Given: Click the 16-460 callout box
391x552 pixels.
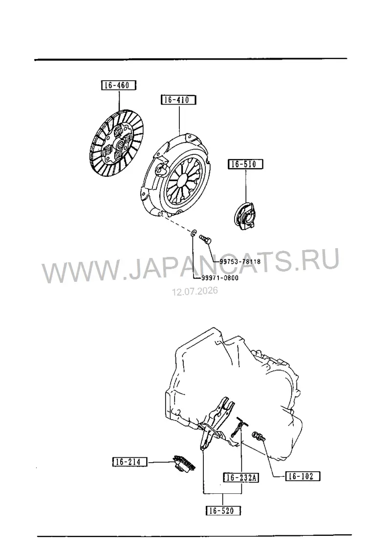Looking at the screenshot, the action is (118, 85).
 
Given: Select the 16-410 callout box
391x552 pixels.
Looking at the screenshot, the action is (178, 100).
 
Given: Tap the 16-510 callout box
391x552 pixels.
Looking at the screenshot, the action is (246, 164).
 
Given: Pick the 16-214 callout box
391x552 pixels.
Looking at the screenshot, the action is (130, 462).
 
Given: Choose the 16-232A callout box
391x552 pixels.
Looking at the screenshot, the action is (241, 477).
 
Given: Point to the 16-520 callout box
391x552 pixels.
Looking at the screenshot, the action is (223, 510).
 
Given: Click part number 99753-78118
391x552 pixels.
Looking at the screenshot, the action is (240, 261).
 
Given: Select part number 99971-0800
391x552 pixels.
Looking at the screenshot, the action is (220, 278).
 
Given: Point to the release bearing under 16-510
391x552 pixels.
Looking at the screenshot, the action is (245, 215).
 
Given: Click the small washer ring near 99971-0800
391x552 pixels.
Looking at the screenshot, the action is (194, 234).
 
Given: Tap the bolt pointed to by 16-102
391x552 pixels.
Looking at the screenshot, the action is (259, 437).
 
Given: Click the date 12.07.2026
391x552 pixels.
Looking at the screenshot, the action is (195, 291).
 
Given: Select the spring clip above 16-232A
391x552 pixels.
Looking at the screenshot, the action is (239, 429).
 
